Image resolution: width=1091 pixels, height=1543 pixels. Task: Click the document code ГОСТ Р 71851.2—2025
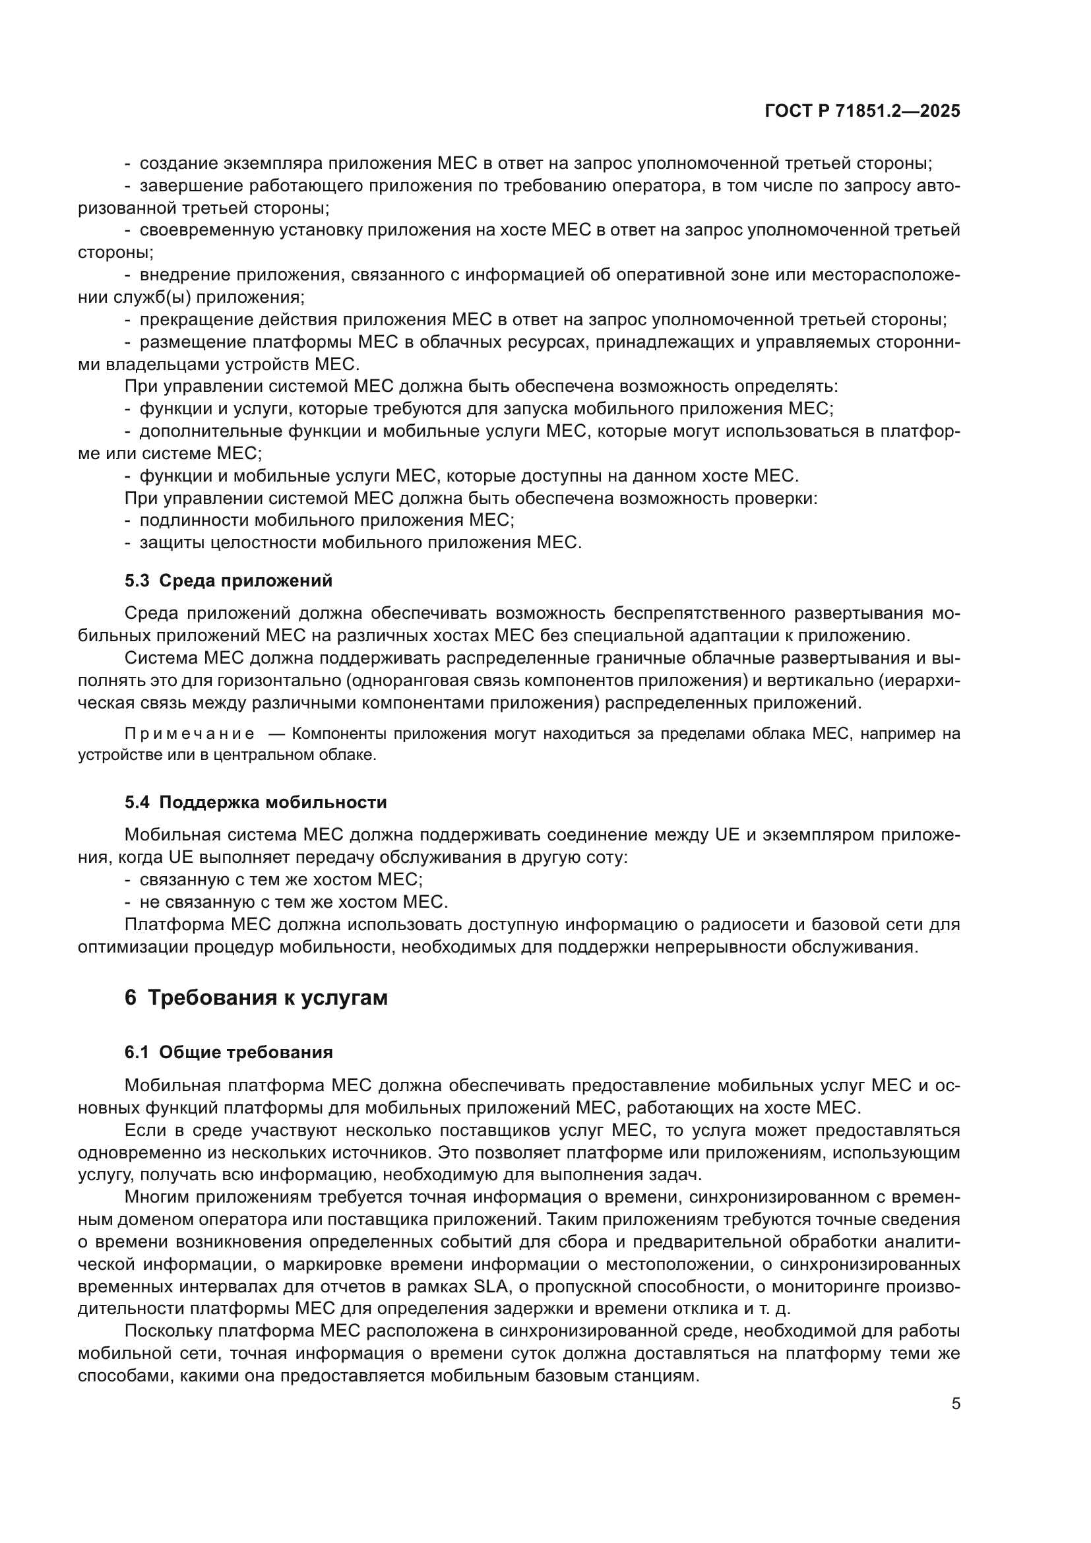click(862, 111)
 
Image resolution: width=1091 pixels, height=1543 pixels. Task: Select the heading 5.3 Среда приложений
click(228, 581)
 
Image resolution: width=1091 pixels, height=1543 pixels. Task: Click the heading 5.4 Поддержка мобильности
click(255, 802)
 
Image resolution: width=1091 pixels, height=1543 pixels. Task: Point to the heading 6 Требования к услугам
click(256, 998)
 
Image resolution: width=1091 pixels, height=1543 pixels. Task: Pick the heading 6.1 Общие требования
click(228, 1052)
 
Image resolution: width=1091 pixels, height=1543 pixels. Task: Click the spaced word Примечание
click(189, 734)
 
